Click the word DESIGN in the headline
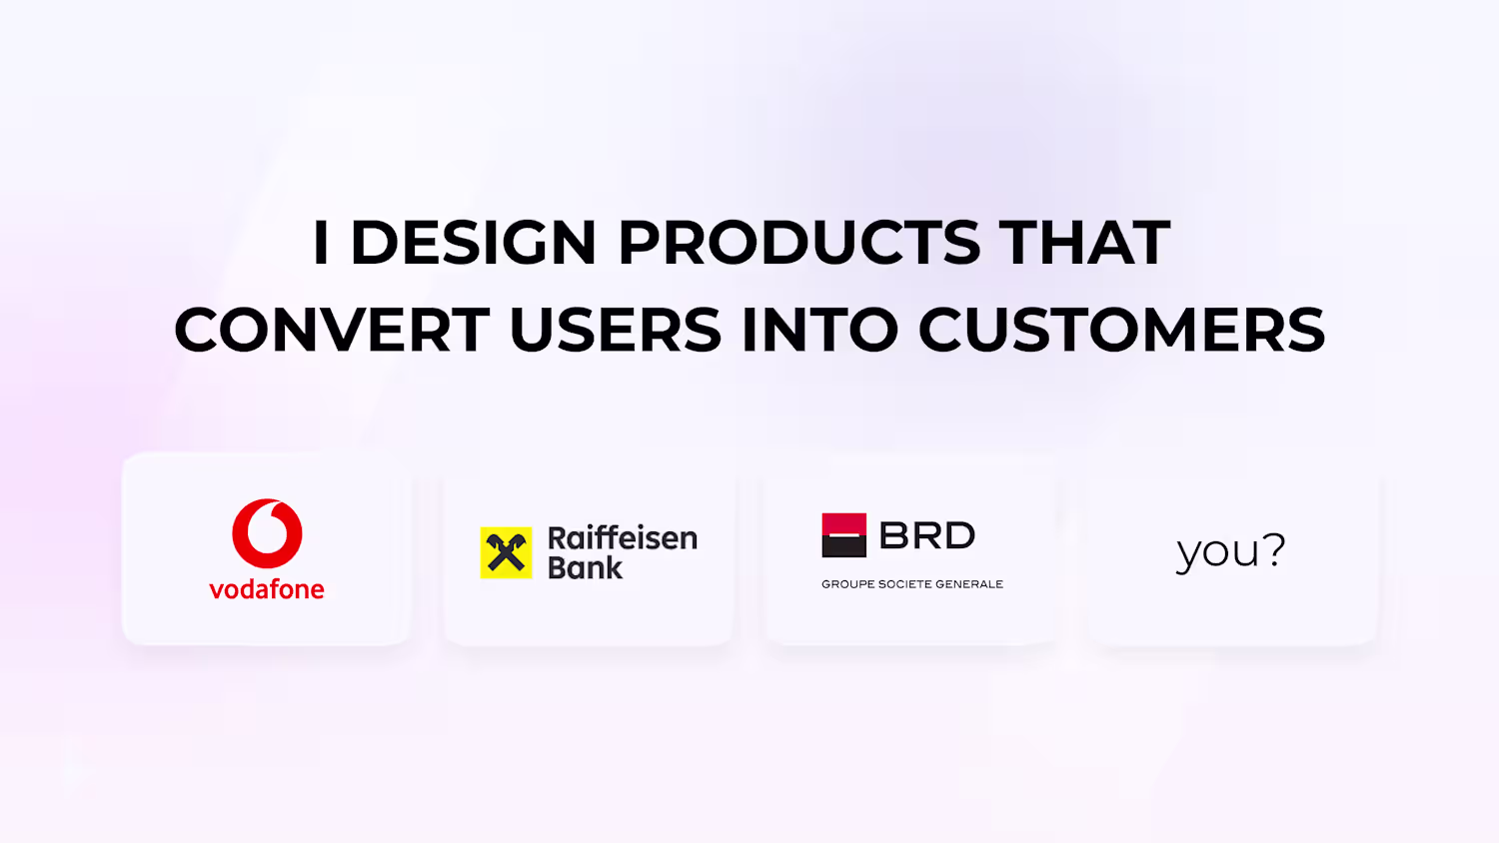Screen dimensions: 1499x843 (473, 242)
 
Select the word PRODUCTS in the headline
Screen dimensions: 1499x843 (799, 242)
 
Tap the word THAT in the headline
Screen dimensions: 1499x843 (1084, 242)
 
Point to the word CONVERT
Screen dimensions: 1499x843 (332, 330)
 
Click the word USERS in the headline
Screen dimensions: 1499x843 (616, 330)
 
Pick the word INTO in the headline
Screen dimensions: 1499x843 (819, 330)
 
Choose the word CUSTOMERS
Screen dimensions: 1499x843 (1121, 330)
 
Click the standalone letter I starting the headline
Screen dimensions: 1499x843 (321, 242)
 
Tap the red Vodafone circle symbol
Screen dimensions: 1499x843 (267, 533)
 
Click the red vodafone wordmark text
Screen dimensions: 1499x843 (267, 588)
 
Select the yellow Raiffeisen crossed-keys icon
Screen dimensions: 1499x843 (506, 552)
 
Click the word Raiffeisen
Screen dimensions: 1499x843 (623, 538)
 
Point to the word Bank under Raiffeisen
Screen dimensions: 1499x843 (586, 567)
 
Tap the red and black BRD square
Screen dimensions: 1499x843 (843, 535)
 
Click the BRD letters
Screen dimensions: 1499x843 (926, 535)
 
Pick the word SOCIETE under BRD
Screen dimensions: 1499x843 (904, 584)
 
